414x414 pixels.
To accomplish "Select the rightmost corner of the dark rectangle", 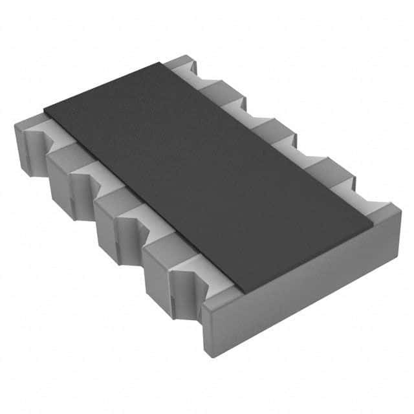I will [x=373, y=226].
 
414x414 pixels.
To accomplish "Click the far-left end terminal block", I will [x=26, y=139].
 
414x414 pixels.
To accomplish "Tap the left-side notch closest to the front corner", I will [x=194, y=275].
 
